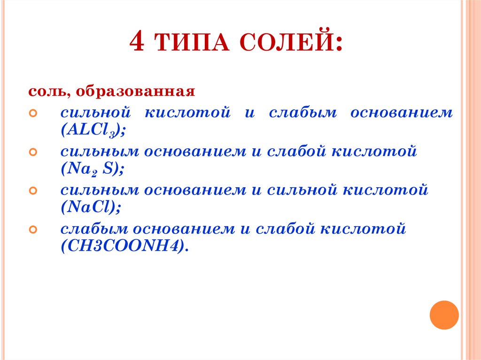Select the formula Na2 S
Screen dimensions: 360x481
(92, 169)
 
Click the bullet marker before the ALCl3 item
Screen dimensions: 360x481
(33, 114)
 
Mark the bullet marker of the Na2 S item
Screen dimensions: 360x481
(33, 153)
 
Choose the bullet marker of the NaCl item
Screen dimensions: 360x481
(33, 191)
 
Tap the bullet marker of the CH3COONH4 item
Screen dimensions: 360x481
(33, 230)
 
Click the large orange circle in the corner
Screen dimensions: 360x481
(443, 314)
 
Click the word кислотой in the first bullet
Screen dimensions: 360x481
(187, 114)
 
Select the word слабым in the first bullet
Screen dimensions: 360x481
(303, 114)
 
